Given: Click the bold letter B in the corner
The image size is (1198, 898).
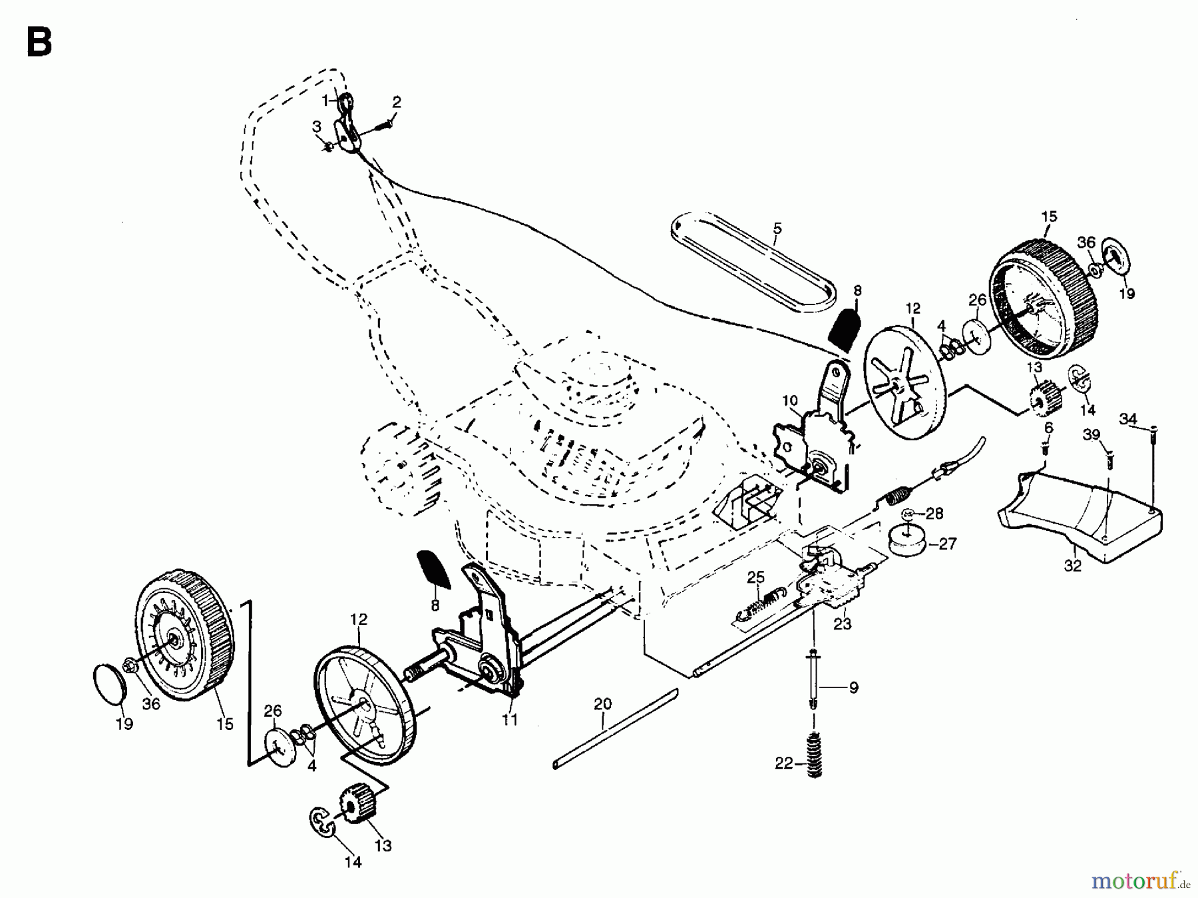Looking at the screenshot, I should pos(39,43).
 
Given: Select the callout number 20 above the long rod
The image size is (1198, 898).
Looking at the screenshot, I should pos(602,704).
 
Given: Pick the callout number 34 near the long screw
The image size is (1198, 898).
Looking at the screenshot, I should pos(1127,419).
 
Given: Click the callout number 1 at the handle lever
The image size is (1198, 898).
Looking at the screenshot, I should pos(325,101).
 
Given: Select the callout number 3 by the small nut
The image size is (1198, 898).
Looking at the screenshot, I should pos(317,126).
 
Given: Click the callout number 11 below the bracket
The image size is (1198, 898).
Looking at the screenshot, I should pos(510,720).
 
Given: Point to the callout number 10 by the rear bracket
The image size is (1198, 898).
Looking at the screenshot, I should pos(789,400).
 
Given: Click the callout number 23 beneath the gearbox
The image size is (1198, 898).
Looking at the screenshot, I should pos(843,624).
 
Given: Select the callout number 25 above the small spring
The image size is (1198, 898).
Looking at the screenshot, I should pos(755,577).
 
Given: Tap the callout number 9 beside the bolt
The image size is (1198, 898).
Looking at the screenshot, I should pos(853,687).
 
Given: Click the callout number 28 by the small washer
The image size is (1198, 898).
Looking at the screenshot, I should pos(934,514).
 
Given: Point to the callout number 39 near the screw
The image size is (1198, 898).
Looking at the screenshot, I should pos(1091,435).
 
